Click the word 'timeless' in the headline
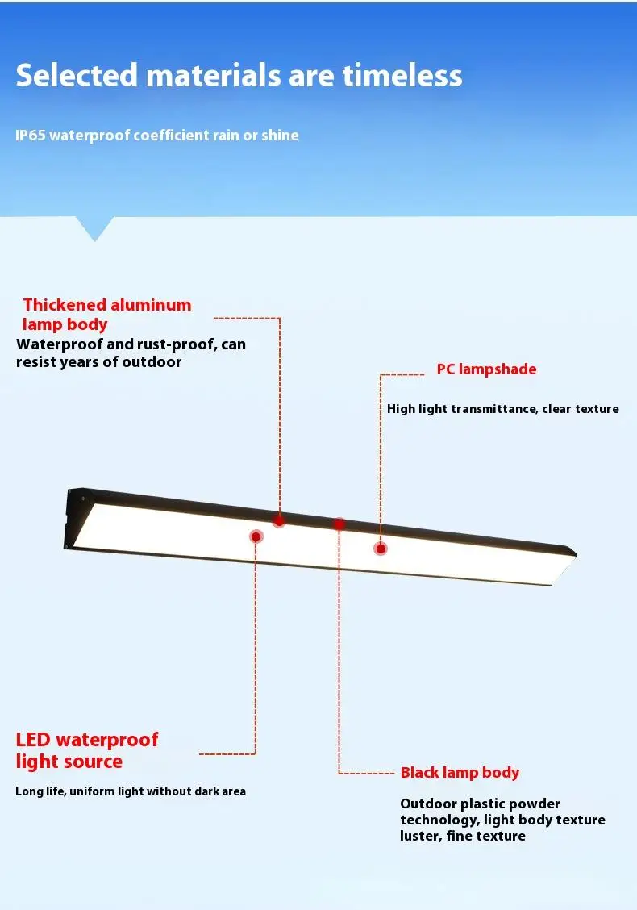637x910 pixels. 402,76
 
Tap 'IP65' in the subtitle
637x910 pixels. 31,136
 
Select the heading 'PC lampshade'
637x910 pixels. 486,369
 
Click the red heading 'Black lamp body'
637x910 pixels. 460,773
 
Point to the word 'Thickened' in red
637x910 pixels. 65,305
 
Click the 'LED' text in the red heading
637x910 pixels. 33,740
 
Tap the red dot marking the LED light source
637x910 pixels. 256,536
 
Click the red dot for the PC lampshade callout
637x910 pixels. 381,549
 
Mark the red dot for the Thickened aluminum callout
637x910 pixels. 279,521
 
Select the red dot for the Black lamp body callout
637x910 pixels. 339,524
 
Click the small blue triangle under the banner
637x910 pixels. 94,228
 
